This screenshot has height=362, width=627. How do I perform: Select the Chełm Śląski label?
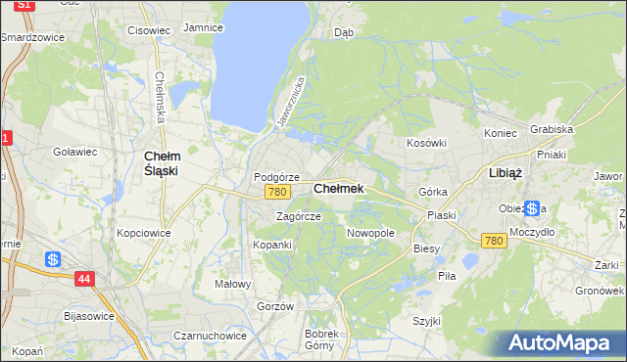tap(161, 162)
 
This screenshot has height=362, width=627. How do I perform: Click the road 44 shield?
tap(85, 279)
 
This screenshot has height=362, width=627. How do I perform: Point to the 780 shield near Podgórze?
tap(276, 193)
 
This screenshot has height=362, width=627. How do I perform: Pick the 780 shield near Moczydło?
tap(494, 241)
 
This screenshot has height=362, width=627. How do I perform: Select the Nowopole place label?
tap(370, 233)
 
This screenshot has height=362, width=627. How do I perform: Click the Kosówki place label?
tap(426, 143)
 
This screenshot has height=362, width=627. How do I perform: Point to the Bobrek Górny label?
tap(320, 339)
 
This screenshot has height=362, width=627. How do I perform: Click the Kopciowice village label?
tap(144, 233)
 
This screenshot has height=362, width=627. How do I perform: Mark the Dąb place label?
tap(343, 32)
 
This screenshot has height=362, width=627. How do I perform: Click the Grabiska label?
tap(551, 128)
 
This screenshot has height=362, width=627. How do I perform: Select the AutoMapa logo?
tap(561, 343)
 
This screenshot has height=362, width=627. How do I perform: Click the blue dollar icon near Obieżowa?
tap(532, 208)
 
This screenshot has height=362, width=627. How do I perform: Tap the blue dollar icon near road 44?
tap(54, 259)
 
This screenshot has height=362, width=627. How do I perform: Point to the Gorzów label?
tap(275, 306)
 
